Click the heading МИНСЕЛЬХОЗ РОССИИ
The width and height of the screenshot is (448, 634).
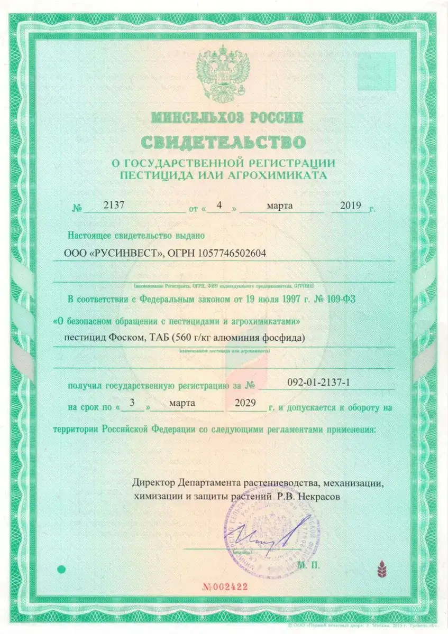[x=226, y=117]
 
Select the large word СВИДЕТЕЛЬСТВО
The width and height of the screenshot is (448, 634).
[x=223, y=142]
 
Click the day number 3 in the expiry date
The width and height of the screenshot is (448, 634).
[x=132, y=403]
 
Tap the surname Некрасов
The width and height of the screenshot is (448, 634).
[x=316, y=497]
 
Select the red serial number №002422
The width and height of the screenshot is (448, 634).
[x=226, y=586]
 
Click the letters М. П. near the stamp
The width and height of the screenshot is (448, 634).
[x=309, y=565]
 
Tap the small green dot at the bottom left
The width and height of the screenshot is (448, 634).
[x=61, y=569]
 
